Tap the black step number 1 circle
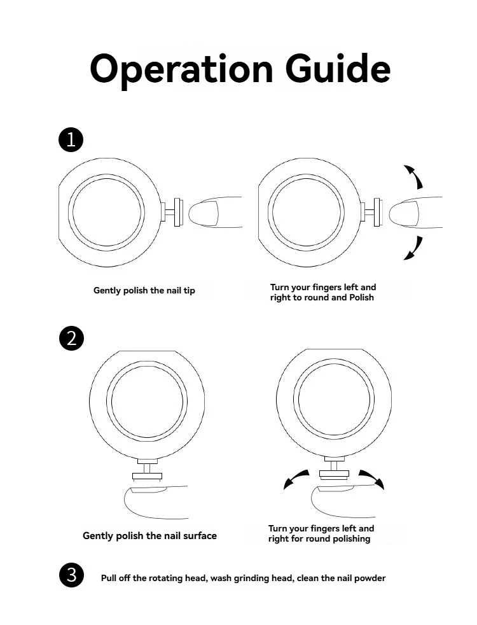tap(71, 139)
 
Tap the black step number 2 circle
tap(71, 337)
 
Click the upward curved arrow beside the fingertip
tap(414, 176)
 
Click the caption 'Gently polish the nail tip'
tap(144, 291)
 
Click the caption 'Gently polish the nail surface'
tap(149, 536)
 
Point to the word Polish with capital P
tap(360, 297)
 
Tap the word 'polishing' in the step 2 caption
tap(349, 539)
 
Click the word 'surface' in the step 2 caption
tap(198, 536)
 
